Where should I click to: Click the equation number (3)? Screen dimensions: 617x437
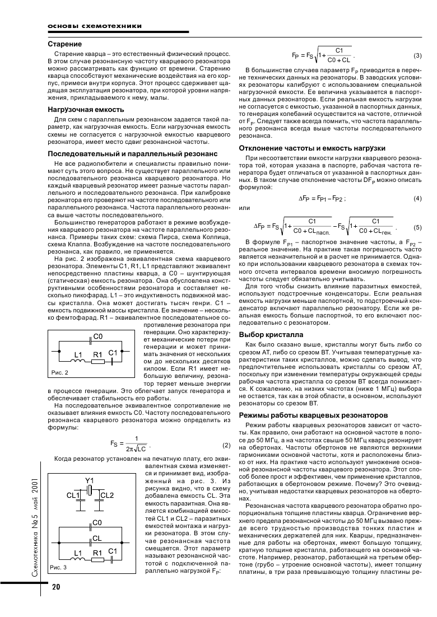point(417,55)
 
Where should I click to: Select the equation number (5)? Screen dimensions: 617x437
point(417,227)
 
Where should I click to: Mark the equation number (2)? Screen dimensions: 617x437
point(226,445)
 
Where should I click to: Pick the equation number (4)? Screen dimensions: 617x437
point(417,199)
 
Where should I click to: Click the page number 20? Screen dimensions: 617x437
point(56,587)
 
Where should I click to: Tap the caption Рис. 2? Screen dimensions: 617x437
point(59,372)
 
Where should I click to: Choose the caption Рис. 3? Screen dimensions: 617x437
point(58,567)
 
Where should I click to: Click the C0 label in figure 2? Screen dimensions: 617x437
point(98,336)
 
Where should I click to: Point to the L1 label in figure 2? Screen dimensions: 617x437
point(78,354)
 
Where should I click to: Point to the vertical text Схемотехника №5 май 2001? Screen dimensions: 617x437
point(35,523)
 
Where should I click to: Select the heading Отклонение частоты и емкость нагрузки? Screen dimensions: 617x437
point(312,148)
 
